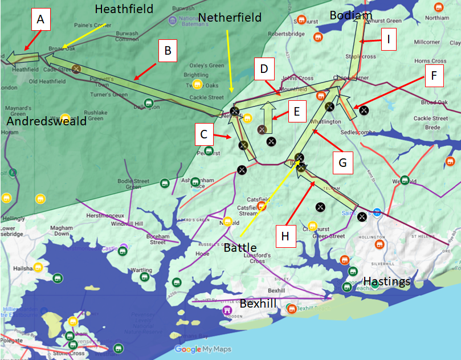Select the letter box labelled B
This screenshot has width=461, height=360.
[x=167, y=51]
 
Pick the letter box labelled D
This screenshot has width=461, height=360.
[x=264, y=69]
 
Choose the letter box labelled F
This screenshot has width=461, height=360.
[x=434, y=76]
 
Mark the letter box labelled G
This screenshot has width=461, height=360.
[x=342, y=163]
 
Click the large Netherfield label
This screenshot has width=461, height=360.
[x=230, y=18]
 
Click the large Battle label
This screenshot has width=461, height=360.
[x=240, y=248]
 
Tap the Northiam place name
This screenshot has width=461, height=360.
[x=436, y=18]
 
